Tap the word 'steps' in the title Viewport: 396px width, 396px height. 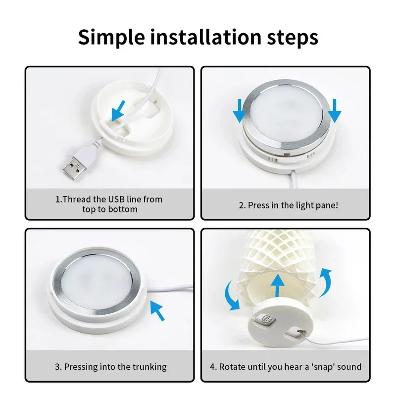293,37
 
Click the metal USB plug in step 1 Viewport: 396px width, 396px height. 73,168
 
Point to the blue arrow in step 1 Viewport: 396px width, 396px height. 118,110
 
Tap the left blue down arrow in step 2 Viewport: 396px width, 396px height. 239,110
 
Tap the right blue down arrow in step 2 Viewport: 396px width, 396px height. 335,110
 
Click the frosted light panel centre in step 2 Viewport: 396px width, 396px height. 287,109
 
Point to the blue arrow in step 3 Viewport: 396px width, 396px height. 157,310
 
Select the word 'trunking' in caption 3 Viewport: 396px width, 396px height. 149,367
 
